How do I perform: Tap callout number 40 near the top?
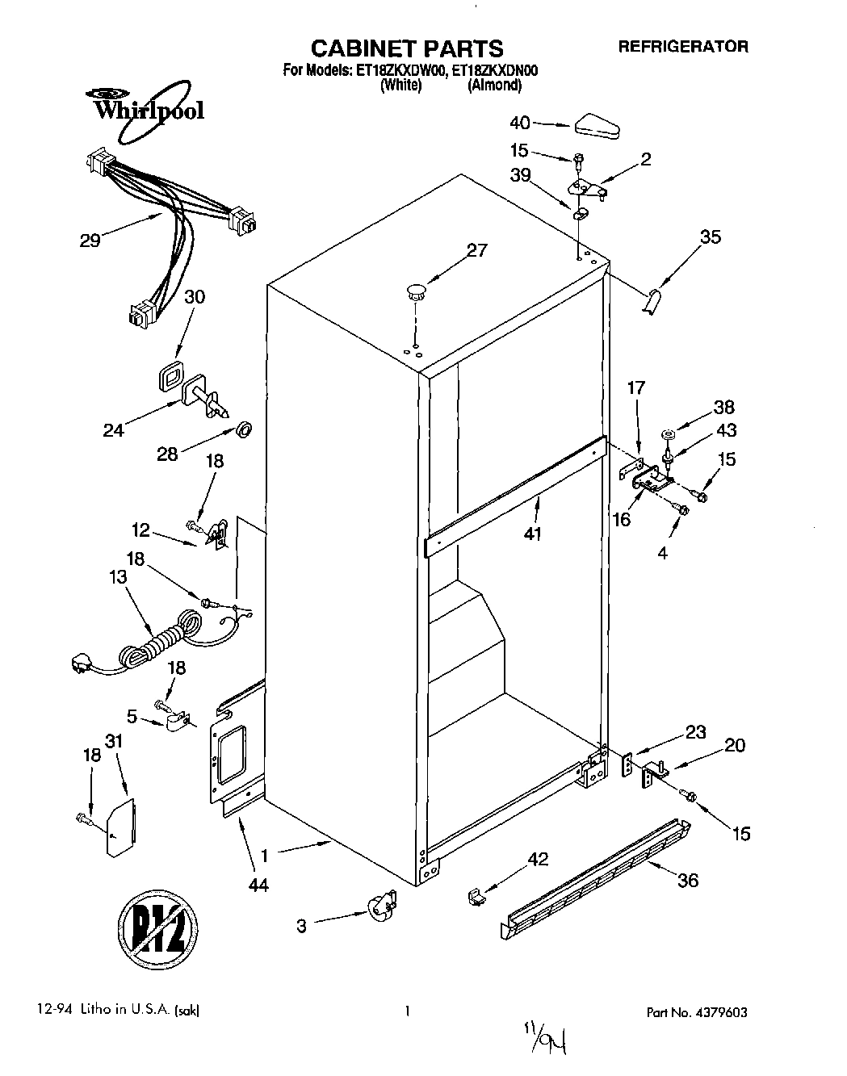pyautogui.click(x=521, y=123)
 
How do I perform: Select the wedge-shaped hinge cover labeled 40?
pyautogui.click(x=596, y=125)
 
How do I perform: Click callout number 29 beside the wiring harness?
pyautogui.click(x=90, y=240)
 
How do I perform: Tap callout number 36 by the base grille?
pyautogui.click(x=688, y=880)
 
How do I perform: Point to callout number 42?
pyautogui.click(x=537, y=860)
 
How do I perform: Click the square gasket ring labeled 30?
pyautogui.click(x=171, y=375)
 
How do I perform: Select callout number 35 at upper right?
pyautogui.click(x=711, y=237)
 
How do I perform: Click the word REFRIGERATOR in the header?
pyautogui.click(x=683, y=47)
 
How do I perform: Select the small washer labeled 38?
pyautogui.click(x=669, y=436)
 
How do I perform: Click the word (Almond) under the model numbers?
pyautogui.click(x=494, y=85)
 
